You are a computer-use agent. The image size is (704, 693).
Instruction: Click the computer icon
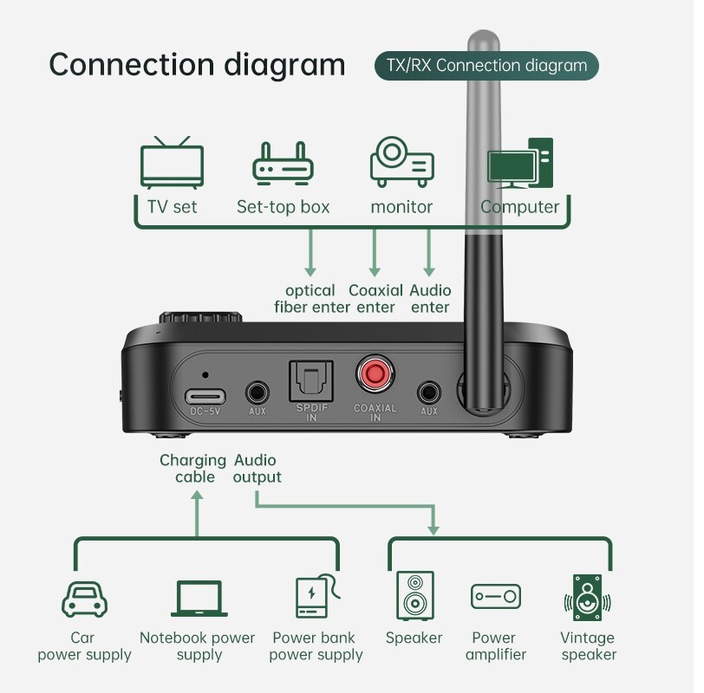tap(519, 162)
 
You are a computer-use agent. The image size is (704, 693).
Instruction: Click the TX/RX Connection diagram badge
tap(486, 65)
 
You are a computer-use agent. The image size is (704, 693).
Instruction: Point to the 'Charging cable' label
tap(192, 469)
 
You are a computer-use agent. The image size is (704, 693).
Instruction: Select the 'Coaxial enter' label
tap(375, 299)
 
